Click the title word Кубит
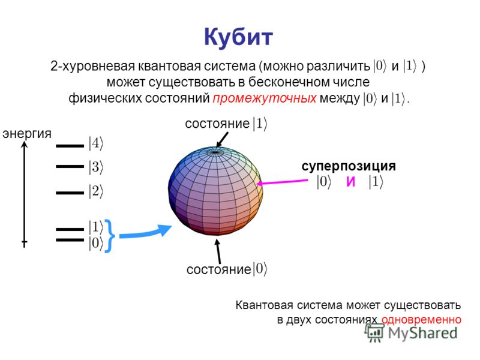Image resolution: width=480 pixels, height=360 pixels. [x=238, y=38]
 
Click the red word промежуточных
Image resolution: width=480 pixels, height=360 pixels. [x=264, y=98]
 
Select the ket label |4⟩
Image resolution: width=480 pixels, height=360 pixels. [x=96, y=143]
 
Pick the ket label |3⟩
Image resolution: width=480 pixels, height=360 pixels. [x=96, y=167]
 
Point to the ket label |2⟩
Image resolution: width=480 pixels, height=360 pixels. [x=96, y=192]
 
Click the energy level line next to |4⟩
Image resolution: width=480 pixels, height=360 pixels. [x=70, y=145]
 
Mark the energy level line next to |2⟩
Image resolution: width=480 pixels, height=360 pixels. [x=70, y=193]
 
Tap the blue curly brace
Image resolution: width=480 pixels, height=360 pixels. [x=110, y=235]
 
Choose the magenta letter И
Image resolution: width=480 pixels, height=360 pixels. [x=350, y=183]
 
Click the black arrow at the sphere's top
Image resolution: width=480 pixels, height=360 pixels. [x=221, y=140]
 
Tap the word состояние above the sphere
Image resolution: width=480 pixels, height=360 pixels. [x=217, y=124]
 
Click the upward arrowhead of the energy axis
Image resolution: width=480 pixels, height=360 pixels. [x=25, y=145]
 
